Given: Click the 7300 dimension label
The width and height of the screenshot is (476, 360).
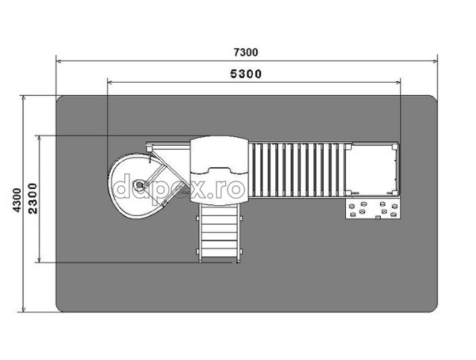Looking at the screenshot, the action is click(246, 53).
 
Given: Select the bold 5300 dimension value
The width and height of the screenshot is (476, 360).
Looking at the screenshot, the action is click(246, 74).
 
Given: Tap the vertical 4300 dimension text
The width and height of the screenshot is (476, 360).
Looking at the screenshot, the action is click(17, 200).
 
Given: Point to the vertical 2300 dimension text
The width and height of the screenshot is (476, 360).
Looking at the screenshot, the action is click(33, 199).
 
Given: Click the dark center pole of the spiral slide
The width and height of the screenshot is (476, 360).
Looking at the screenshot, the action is click(139, 184).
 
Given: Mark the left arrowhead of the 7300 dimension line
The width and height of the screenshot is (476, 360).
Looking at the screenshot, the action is click(59, 61).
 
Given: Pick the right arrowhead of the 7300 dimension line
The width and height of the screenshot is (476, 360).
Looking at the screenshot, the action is click(434, 61).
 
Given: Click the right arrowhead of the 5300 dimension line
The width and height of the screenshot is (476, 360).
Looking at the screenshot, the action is click(397, 82).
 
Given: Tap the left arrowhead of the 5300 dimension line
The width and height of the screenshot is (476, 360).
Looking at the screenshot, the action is click(111, 82).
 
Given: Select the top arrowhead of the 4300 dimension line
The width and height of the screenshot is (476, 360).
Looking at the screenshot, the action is click(24, 98).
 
